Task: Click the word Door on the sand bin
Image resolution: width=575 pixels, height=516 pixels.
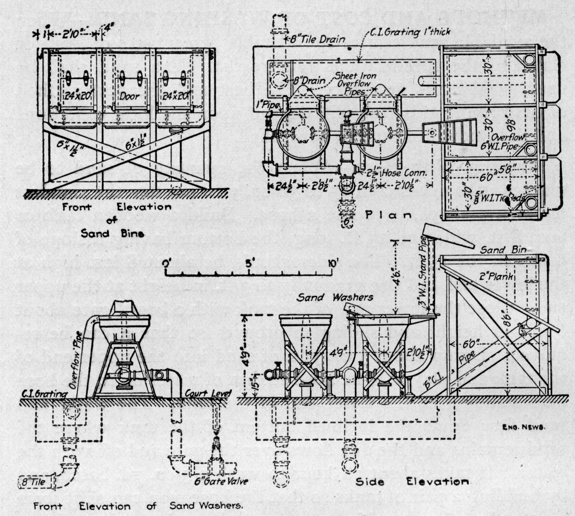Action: click(129, 96)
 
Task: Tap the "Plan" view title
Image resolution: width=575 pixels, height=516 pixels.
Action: click(388, 215)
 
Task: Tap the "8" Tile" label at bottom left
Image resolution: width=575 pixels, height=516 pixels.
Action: click(33, 482)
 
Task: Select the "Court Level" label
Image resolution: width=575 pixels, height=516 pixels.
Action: click(208, 393)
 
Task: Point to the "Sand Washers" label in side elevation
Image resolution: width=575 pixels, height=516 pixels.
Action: click(335, 297)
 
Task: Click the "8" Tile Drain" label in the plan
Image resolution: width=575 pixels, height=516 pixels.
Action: click(318, 39)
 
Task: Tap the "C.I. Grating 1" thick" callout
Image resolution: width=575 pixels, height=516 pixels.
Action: click(410, 33)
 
